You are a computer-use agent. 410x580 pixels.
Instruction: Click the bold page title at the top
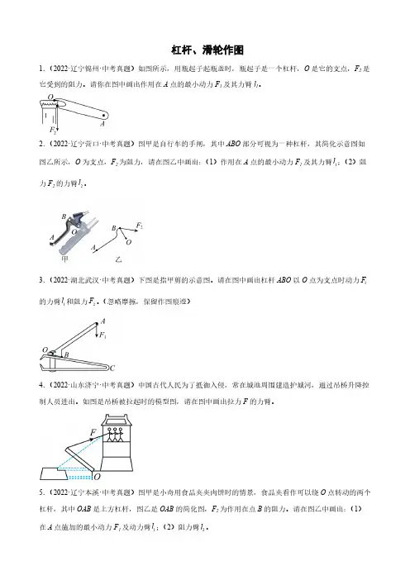(207, 50)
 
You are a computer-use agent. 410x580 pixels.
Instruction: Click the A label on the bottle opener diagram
(102, 124)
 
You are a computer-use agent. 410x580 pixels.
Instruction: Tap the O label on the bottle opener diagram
(50, 97)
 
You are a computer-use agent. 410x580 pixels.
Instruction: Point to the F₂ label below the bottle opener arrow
(53, 130)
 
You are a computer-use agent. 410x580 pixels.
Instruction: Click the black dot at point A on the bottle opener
(103, 116)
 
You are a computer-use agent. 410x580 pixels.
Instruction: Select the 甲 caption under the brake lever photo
(64, 259)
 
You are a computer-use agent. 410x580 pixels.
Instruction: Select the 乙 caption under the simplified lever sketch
(118, 259)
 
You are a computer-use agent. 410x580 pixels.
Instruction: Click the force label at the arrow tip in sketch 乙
(139, 226)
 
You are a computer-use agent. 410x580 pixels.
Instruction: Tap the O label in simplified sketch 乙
(128, 242)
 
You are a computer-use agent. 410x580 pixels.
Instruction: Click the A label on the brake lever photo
(52, 237)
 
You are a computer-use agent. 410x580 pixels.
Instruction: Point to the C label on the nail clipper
(112, 368)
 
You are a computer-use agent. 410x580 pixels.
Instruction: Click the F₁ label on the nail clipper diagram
(102, 335)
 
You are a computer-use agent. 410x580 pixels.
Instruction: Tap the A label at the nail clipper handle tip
(102, 321)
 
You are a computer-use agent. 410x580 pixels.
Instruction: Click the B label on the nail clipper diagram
(67, 354)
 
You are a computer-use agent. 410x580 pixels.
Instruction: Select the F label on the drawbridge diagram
(93, 432)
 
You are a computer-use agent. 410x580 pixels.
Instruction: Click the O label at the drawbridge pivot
(97, 477)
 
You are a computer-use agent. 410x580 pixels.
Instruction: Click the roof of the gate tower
(116, 420)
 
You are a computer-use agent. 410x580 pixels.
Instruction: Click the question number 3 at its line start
(41, 280)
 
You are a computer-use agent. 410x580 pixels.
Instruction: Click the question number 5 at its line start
(41, 492)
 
